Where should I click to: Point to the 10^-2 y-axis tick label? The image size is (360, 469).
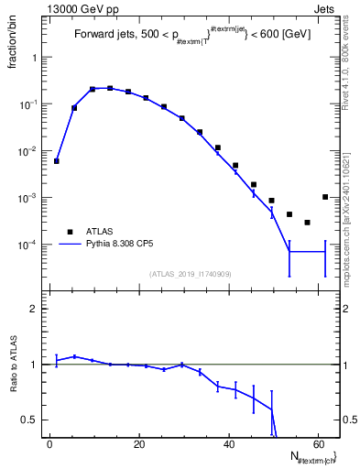coord(32,151)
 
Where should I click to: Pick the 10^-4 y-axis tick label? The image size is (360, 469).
coord(32,245)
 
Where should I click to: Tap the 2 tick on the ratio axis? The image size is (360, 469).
coord(38,309)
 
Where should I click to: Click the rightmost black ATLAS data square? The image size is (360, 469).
coord(325,197)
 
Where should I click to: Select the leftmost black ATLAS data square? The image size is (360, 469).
coord(57,161)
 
